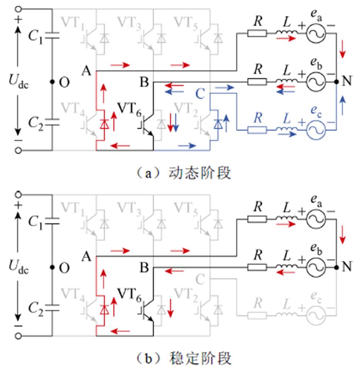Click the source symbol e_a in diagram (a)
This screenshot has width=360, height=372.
tap(316, 34)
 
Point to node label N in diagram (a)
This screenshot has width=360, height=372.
tap(348, 81)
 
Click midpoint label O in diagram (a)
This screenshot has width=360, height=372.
tap(64, 82)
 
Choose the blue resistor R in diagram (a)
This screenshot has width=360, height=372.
tap(257, 129)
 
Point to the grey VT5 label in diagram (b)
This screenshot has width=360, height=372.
tap(187, 208)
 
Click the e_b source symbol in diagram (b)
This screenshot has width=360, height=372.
tap(316, 266)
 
